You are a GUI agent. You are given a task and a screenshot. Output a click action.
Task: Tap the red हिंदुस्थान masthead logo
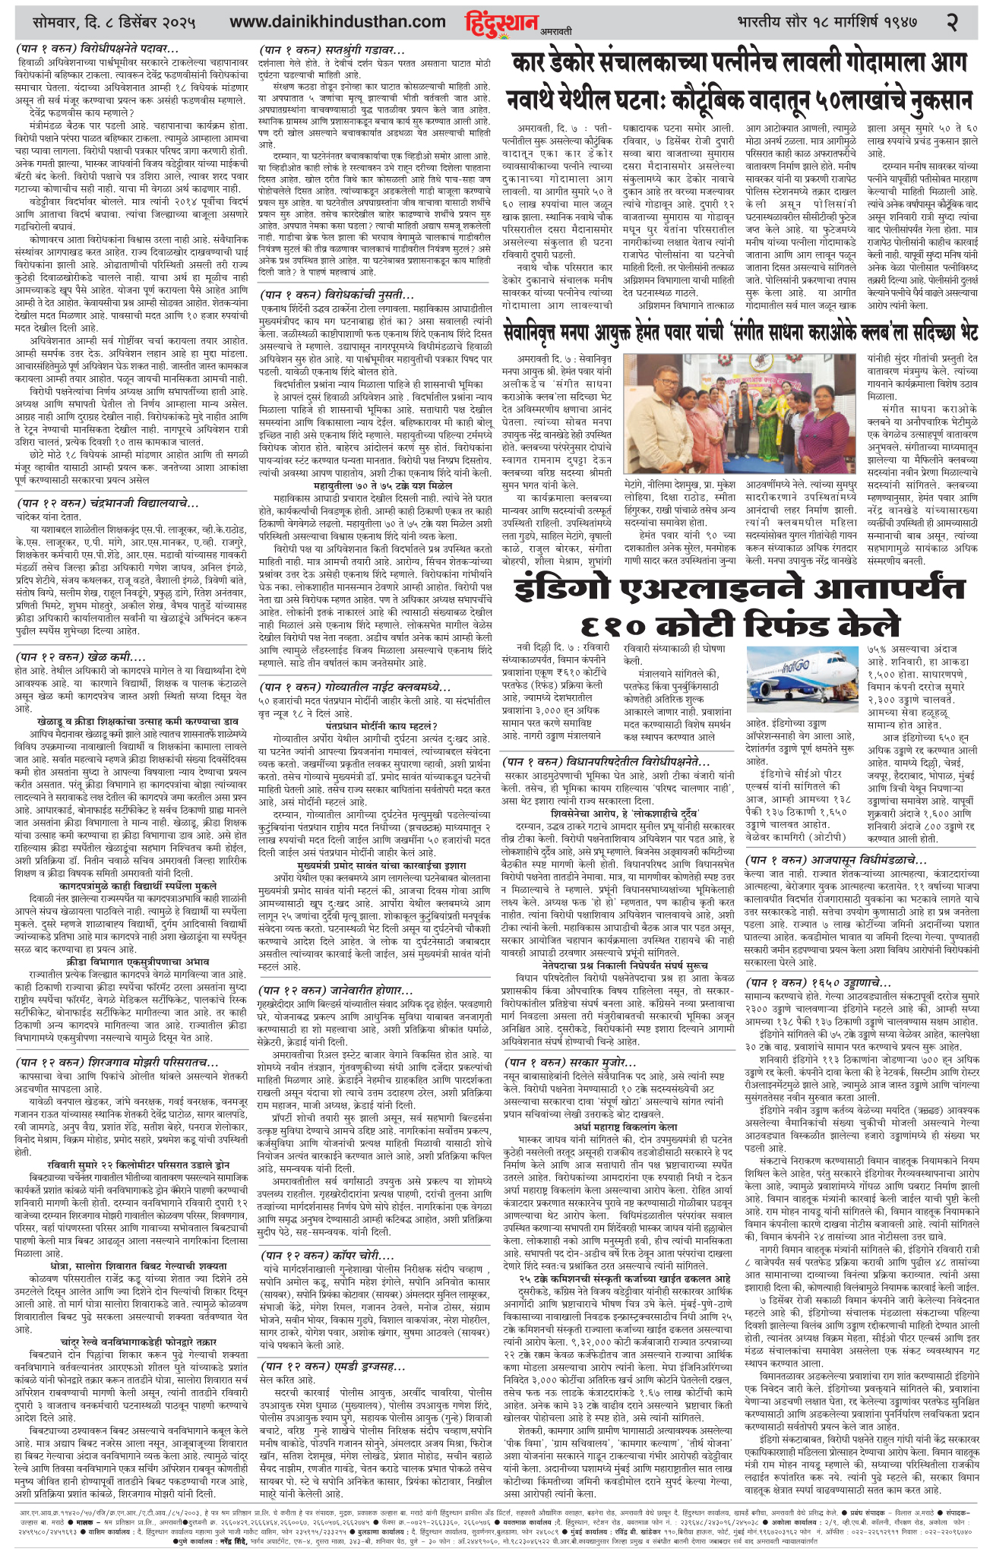pyautogui.click(x=495, y=21)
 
